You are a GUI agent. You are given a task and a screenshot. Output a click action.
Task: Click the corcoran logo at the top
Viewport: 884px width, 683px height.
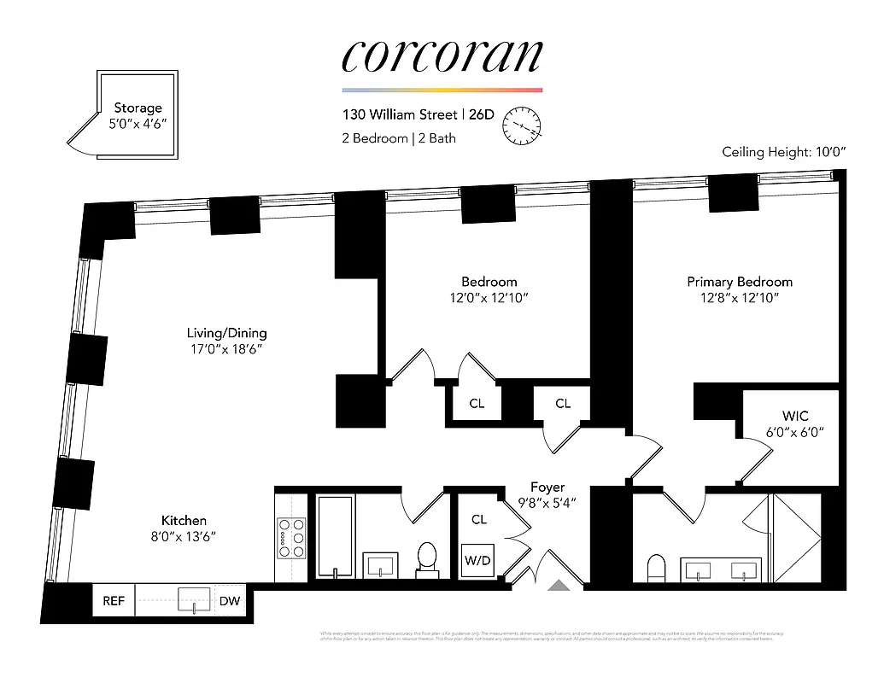(x=442, y=55)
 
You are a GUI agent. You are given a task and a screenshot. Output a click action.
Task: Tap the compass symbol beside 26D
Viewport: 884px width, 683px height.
(x=523, y=126)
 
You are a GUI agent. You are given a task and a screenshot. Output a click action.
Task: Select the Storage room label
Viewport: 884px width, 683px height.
(x=138, y=108)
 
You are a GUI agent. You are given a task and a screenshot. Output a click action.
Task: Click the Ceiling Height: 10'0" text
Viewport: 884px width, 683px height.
(x=783, y=152)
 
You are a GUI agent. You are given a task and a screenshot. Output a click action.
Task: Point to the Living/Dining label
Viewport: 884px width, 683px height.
(x=227, y=333)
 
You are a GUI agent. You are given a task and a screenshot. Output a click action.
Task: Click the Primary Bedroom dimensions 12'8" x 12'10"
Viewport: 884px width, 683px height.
(x=740, y=298)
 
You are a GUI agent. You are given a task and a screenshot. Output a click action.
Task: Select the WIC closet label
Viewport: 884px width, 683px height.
(x=794, y=416)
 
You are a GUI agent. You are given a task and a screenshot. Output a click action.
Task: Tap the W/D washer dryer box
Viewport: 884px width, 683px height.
(x=477, y=562)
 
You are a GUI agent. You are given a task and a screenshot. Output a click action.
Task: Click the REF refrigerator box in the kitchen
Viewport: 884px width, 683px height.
(x=114, y=601)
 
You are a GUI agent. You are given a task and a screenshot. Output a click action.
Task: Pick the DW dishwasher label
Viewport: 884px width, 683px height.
(x=230, y=601)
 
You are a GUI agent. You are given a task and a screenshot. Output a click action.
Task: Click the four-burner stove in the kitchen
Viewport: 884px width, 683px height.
(x=291, y=539)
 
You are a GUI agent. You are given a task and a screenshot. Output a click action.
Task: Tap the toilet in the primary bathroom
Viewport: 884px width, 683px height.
(x=656, y=567)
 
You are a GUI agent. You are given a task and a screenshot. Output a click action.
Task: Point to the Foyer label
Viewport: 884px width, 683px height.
(x=547, y=487)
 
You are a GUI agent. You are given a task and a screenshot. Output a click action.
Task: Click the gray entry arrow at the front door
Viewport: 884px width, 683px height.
(x=559, y=586)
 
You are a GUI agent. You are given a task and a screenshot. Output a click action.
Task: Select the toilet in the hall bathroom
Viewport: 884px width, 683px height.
(x=426, y=557)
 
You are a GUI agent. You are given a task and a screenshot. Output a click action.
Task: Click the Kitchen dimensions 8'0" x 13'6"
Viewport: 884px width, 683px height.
(x=184, y=537)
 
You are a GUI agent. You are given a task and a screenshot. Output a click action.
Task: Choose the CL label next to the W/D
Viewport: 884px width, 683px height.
(x=479, y=519)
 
